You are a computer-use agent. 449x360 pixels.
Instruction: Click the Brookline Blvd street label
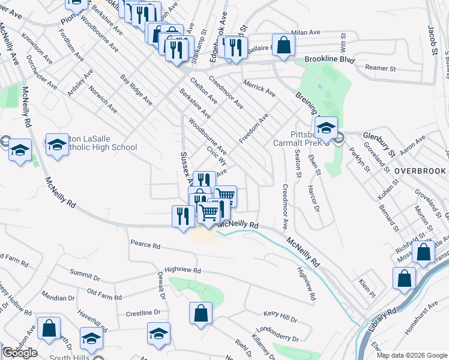[x=330, y=60]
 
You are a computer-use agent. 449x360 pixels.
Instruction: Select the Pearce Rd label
[x=145, y=245]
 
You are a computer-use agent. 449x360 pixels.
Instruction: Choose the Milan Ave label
[x=306, y=33]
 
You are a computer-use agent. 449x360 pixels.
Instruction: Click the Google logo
[x=20, y=353]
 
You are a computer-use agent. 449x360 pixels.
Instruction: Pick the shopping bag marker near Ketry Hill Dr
[x=200, y=313]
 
